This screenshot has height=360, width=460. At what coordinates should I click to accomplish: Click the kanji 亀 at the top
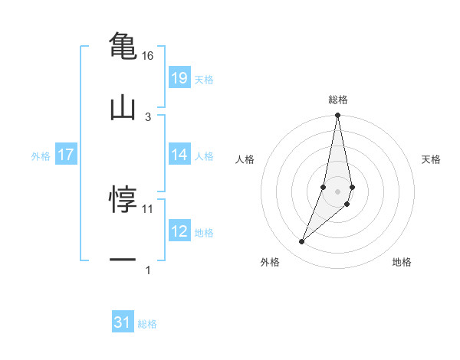tap(123, 45)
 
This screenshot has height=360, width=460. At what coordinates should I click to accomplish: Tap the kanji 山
tap(123, 108)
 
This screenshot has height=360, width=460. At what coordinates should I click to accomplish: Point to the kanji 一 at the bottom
tap(123, 260)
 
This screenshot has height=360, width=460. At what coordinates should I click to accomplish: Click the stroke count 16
tap(147, 56)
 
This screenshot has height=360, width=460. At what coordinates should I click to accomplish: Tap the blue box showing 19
tap(179, 77)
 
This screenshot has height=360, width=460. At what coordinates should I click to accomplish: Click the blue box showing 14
tap(179, 155)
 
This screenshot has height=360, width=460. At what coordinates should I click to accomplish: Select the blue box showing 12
tap(179, 231)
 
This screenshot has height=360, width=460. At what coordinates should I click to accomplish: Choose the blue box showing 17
tap(66, 155)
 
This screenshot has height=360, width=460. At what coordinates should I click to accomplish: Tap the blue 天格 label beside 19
tap(204, 79)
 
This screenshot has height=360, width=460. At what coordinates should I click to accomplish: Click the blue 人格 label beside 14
tap(204, 155)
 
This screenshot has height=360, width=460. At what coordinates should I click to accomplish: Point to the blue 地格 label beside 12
tap(204, 232)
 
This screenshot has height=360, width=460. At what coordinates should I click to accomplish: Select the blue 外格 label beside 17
tap(41, 155)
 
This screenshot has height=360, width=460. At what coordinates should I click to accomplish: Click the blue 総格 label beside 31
tap(147, 324)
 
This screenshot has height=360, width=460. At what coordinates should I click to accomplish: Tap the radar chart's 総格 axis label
tap(337, 100)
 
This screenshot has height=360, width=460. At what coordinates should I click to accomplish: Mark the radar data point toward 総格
tap(337, 116)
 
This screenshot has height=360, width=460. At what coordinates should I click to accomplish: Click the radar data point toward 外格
tap(302, 242)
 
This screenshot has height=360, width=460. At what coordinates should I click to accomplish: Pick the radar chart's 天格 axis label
tap(431, 159)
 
